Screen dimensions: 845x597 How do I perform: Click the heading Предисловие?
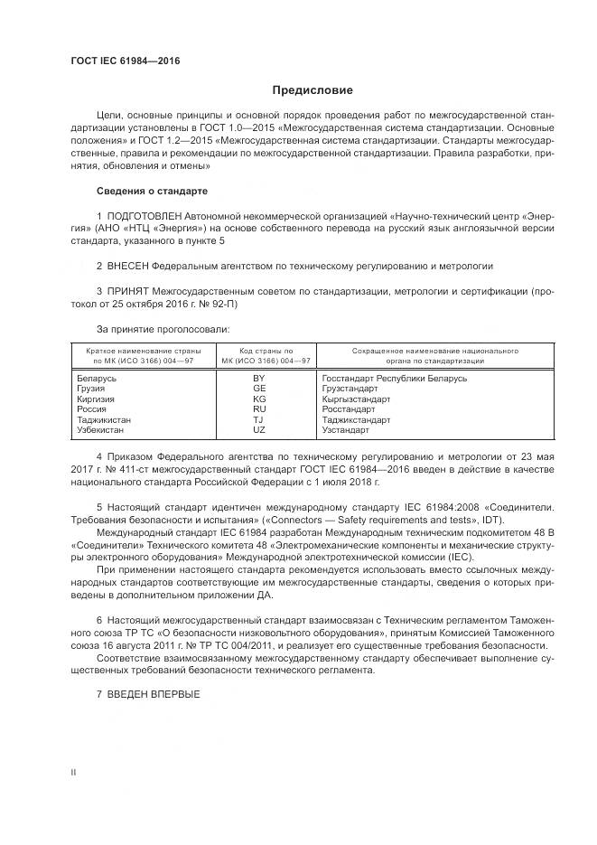click(313, 90)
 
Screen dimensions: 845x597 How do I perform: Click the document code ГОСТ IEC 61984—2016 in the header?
click(126, 60)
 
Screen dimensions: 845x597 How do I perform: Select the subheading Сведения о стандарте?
click(152, 192)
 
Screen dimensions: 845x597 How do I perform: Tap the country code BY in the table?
click(259, 378)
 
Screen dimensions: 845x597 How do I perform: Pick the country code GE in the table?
click(259, 389)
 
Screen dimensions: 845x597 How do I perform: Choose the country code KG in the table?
click(259, 399)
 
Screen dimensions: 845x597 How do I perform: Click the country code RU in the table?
click(259, 409)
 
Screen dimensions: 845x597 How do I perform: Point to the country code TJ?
click(259, 419)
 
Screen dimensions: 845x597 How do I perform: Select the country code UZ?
click(259, 430)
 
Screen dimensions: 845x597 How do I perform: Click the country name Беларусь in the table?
click(97, 378)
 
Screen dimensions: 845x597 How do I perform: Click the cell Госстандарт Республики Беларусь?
click(394, 378)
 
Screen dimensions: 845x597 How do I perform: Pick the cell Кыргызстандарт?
click(356, 399)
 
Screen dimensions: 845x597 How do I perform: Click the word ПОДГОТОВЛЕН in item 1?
click(145, 217)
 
